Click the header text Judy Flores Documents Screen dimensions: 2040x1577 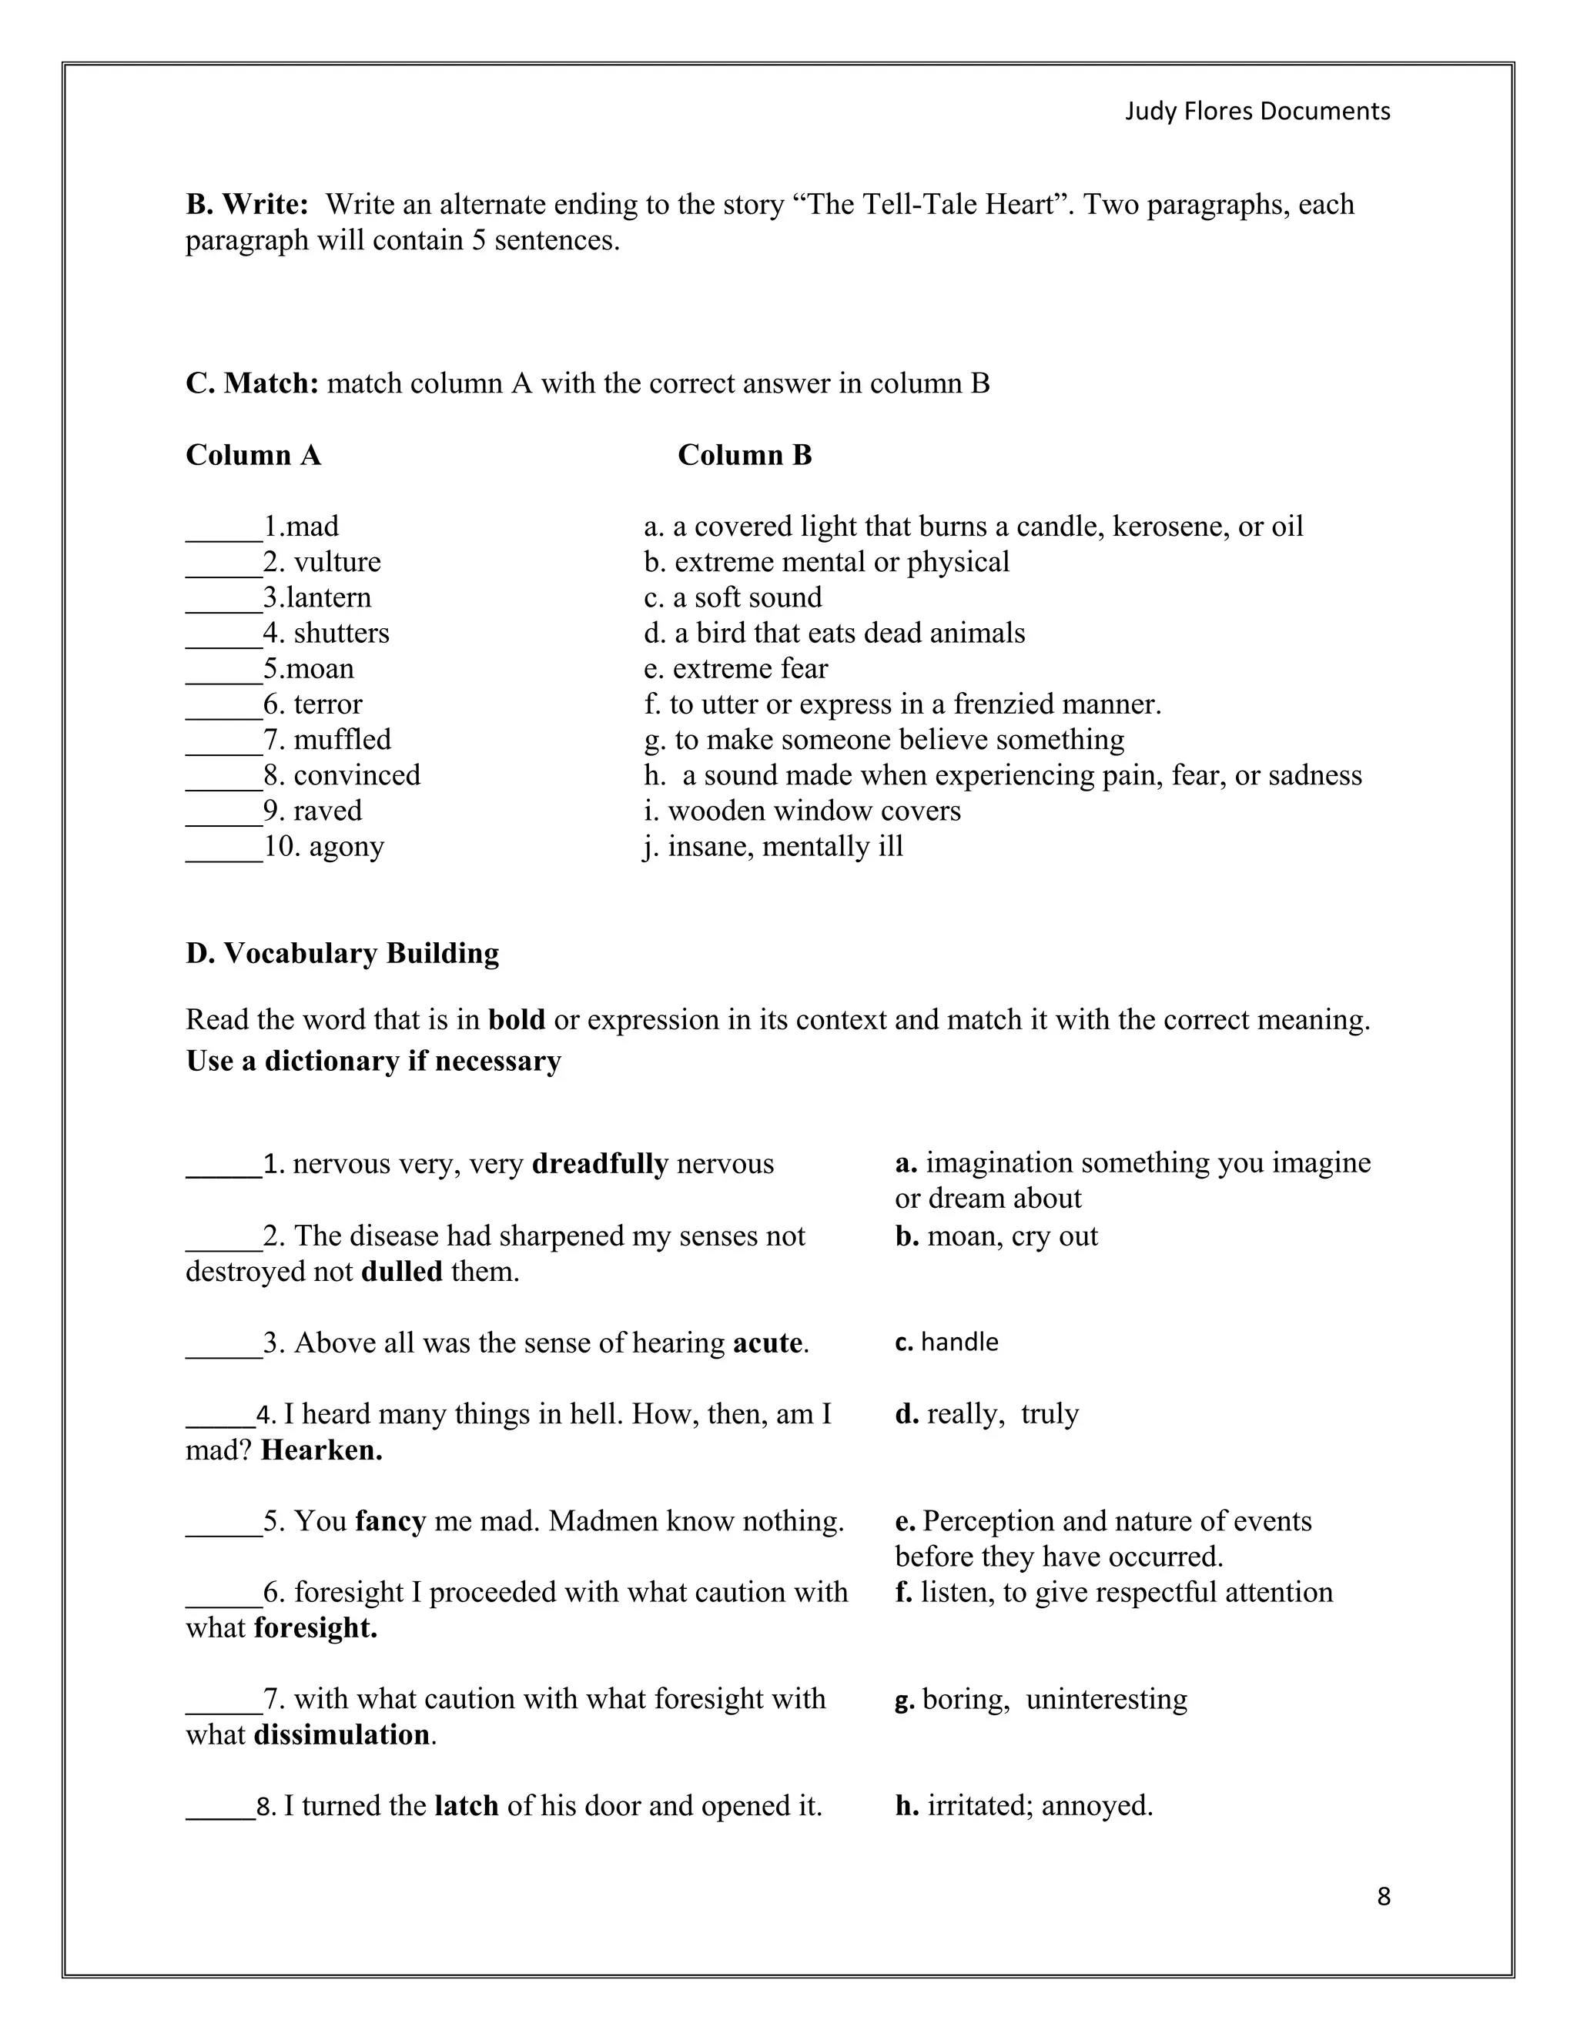point(1257,111)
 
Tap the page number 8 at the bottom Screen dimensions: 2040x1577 point(1384,1896)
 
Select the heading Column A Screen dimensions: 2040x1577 point(253,455)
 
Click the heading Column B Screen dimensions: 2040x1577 point(745,455)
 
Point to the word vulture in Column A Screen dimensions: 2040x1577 point(337,562)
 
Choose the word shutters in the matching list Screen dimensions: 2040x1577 point(341,634)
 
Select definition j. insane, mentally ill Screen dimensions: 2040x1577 point(774,846)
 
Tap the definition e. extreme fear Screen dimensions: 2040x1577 point(736,669)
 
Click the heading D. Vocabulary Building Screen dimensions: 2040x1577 point(342,953)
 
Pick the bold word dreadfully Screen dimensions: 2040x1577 point(600,1164)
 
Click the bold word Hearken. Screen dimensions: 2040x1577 point(321,1450)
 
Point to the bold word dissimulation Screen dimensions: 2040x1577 point(341,1734)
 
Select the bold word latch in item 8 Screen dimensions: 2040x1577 point(466,1805)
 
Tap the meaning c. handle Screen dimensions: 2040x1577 point(946,1343)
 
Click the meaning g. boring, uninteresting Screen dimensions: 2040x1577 point(1041,1699)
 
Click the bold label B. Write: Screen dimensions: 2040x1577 point(246,205)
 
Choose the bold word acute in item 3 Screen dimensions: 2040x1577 point(768,1343)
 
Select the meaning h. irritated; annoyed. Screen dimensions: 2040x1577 point(1024,1805)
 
